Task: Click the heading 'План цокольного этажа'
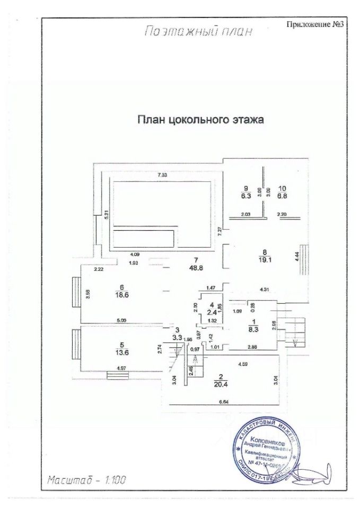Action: click(201, 120)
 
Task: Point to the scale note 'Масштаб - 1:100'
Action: click(86, 481)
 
